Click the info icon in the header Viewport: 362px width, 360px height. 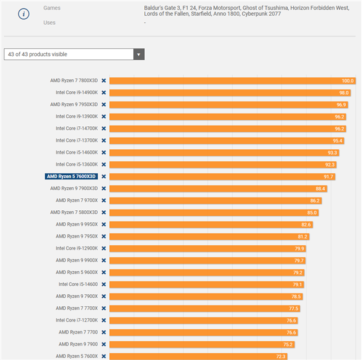24,14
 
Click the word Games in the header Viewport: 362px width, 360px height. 52,8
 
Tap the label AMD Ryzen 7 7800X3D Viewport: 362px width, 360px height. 74,80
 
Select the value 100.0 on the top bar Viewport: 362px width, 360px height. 348,80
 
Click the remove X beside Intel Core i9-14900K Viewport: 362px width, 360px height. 104,92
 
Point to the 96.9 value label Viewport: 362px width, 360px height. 341,104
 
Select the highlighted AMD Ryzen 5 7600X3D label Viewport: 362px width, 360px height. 71,176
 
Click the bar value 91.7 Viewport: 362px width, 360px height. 328,176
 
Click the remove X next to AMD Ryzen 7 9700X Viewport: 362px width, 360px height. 104,201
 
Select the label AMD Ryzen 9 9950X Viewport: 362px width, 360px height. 77,224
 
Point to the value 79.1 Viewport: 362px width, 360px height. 297,284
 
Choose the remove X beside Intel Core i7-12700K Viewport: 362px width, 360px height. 104,320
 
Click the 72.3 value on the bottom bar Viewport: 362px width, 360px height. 281,356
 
